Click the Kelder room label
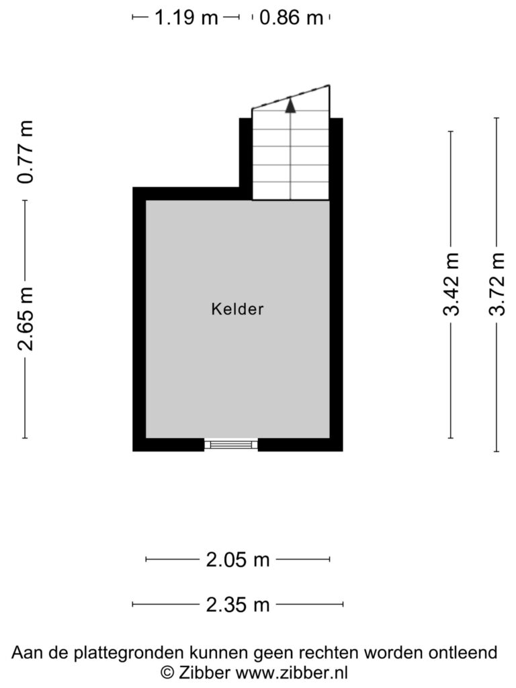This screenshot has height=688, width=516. (x=237, y=309)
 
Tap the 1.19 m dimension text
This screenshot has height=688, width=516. (x=187, y=17)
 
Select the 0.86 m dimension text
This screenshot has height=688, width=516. (x=291, y=17)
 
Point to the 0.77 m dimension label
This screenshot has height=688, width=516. (x=25, y=151)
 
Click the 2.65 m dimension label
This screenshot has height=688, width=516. (x=25, y=319)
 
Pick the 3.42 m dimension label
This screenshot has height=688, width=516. (x=451, y=284)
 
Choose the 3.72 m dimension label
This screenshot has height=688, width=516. (x=497, y=284)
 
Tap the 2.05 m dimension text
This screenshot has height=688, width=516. (x=237, y=560)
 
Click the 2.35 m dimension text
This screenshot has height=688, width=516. (x=237, y=605)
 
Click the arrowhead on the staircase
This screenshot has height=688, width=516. (x=290, y=105)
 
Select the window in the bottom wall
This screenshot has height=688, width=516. (x=231, y=445)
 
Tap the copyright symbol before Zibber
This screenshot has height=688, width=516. (x=167, y=672)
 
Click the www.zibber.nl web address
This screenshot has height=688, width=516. (x=292, y=672)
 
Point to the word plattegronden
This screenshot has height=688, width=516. (x=128, y=653)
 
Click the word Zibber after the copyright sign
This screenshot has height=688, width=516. (x=204, y=672)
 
